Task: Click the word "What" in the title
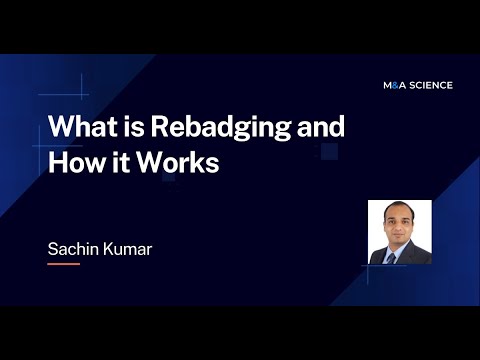point(79,129)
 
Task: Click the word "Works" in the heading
point(180,161)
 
